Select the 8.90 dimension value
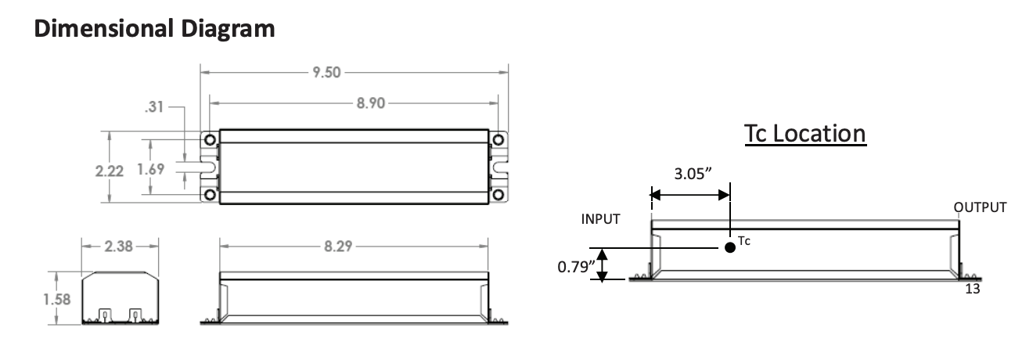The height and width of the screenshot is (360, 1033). [x=372, y=103]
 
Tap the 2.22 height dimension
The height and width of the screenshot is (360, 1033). [x=109, y=171]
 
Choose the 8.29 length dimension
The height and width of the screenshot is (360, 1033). [x=339, y=247]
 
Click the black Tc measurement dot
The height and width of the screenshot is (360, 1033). [x=730, y=247]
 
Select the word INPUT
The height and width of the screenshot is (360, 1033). [x=600, y=219]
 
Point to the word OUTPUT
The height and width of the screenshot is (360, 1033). [x=980, y=207]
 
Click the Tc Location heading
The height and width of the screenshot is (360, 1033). [x=804, y=134]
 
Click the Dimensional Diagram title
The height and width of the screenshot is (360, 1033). [x=154, y=29]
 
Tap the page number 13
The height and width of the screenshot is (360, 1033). [x=972, y=288]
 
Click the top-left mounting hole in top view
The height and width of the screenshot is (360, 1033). [x=210, y=139]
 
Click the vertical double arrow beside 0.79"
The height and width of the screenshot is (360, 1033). [x=603, y=264]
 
